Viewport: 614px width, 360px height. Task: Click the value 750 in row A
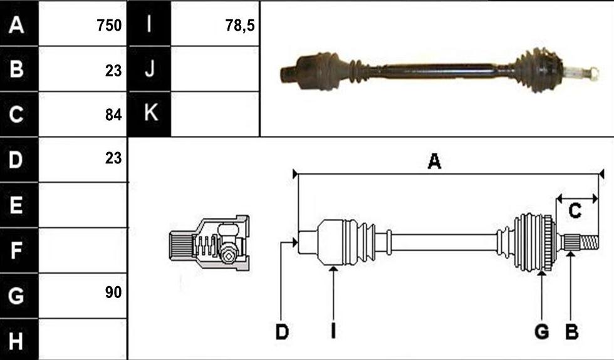[x=109, y=26]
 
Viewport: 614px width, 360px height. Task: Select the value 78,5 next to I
[x=239, y=26]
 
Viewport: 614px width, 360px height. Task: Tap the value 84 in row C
[x=113, y=115]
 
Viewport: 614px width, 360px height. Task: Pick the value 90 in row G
[x=113, y=292]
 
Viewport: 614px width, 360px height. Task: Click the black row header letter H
[x=16, y=341]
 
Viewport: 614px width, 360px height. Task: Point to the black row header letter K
[x=151, y=113]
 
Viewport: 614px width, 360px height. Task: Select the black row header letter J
[x=150, y=69]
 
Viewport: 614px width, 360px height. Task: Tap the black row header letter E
[x=16, y=205]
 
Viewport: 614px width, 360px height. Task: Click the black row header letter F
[x=16, y=251]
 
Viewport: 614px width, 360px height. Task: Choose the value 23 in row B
[x=113, y=71]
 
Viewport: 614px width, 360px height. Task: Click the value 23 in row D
[x=113, y=158]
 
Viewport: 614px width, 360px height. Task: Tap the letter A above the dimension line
[x=434, y=161]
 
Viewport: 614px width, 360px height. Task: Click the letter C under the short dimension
[x=575, y=211]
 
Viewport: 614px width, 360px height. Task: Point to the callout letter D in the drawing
[x=282, y=332]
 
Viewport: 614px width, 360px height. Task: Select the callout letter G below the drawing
[x=541, y=332]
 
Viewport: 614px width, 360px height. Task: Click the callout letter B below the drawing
[x=571, y=332]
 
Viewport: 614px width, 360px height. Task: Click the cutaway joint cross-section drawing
[x=209, y=243]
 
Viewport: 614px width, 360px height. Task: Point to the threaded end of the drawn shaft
[x=589, y=243]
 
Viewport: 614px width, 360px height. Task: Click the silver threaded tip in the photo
[x=582, y=73]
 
